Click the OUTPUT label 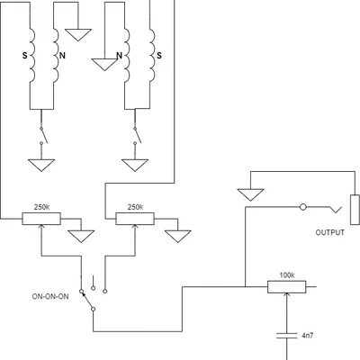click(330, 232)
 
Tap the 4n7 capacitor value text click(308, 336)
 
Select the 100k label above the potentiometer click(287, 275)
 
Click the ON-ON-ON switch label click(50, 296)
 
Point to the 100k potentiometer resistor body click(287, 287)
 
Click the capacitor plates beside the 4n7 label click(287, 335)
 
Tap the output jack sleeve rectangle click(355, 210)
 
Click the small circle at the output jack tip click(303, 207)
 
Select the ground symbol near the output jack click(250, 194)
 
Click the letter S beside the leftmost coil click(24, 56)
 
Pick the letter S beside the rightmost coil click(159, 56)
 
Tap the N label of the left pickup click(62, 56)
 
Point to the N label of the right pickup click(120, 56)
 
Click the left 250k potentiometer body click(41, 219)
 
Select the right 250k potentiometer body click(135, 219)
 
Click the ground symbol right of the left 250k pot click(81, 236)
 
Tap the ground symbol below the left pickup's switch click(41, 166)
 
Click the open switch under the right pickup click(138, 136)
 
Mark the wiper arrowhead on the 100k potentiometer click(287, 295)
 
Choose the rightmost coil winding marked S click(152, 56)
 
